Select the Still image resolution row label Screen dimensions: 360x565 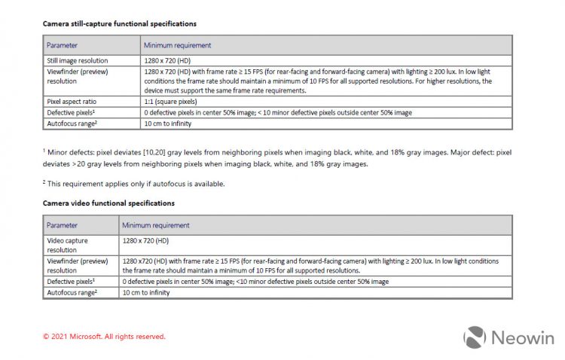click(77, 60)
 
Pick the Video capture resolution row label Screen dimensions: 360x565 click(67, 245)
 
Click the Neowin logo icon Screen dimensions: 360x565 click(474, 337)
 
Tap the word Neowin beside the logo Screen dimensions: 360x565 click(521, 338)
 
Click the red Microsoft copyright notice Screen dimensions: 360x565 click(104, 337)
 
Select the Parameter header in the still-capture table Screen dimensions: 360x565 click(63, 45)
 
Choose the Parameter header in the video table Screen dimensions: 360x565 click(63, 224)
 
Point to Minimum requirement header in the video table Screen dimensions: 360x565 click(156, 224)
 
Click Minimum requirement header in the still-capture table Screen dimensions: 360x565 click(177, 45)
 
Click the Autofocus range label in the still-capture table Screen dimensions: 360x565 click(72, 123)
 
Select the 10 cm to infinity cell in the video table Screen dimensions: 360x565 click(145, 292)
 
